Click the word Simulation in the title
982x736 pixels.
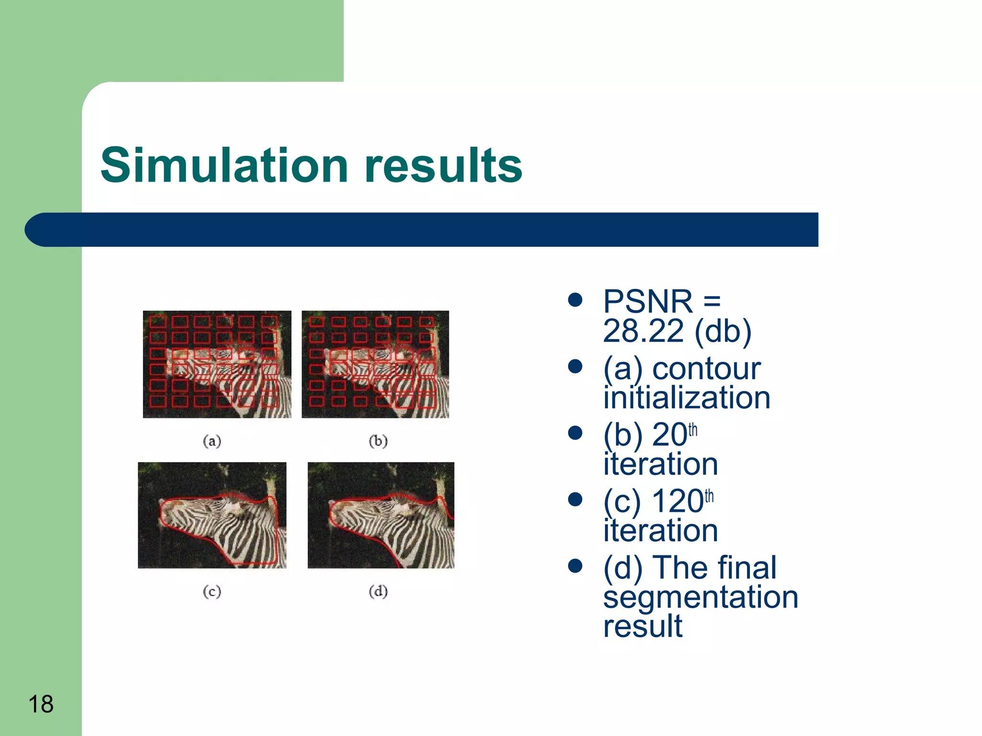coord(224,165)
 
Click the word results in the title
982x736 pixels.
coord(443,165)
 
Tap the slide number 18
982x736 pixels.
coord(41,704)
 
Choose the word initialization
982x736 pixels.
coord(686,398)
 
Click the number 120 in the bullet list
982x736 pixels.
coord(677,501)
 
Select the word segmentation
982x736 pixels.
coord(700,597)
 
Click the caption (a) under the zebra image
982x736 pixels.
coord(212,441)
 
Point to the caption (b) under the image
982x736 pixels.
coord(378,441)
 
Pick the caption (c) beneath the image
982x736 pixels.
coord(212,591)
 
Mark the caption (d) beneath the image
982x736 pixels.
coord(378,591)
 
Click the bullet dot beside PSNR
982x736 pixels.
coord(574,300)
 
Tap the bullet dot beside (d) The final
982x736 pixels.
coord(574,566)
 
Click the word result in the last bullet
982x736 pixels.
coord(642,626)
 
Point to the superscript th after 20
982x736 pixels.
coord(693,430)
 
